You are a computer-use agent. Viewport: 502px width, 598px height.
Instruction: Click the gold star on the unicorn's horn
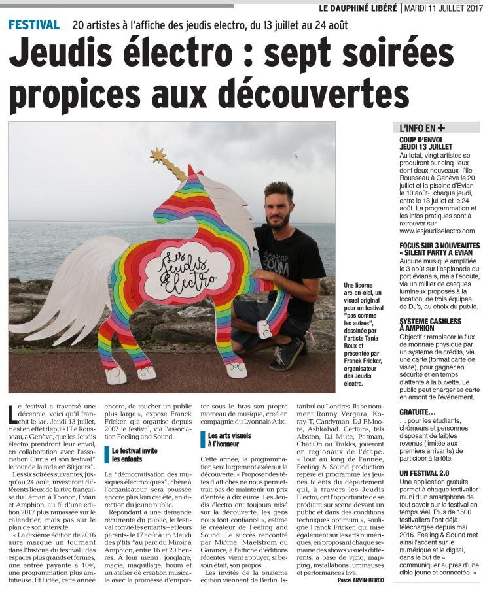pyautogui.click(x=158, y=156)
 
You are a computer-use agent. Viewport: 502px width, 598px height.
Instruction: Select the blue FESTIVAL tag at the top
pyautogui.click(x=33, y=25)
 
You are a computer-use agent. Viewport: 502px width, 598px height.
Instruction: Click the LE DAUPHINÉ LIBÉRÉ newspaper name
pyautogui.click(x=357, y=8)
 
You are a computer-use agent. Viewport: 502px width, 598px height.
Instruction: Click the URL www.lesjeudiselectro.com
pyautogui.click(x=437, y=231)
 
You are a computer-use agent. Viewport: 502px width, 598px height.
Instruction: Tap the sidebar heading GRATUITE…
pyautogui.click(x=418, y=412)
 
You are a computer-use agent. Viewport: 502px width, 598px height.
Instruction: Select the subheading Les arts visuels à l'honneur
pyautogui.click(x=230, y=439)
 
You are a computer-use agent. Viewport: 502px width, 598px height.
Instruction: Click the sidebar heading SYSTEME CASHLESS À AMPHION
pyautogui.click(x=430, y=325)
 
